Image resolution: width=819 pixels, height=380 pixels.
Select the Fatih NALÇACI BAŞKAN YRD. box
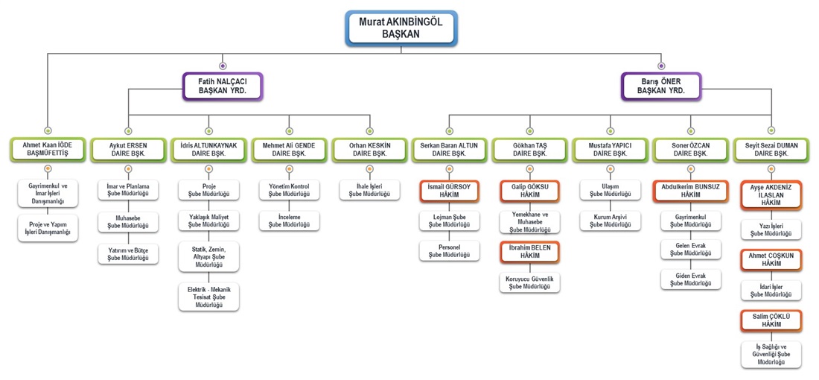click(x=223, y=86)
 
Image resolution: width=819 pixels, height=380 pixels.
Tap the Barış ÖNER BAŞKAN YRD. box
click(x=661, y=86)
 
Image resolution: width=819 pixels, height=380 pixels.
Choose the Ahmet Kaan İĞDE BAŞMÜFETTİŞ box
click(x=48, y=150)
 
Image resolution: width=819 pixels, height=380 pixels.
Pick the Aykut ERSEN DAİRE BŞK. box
click(x=128, y=150)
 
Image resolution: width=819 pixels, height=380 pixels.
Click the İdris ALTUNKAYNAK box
click(x=208, y=150)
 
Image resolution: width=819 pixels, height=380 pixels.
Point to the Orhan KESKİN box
click(x=370, y=150)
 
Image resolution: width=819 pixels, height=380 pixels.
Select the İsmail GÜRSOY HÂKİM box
click(x=449, y=191)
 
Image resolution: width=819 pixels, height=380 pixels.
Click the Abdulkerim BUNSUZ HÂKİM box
click(x=691, y=191)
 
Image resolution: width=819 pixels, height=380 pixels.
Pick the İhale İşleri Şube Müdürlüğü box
click(x=370, y=190)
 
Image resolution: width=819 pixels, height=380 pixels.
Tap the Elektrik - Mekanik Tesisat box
click(x=208, y=297)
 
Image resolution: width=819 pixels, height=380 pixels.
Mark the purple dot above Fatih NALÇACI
click(x=223, y=66)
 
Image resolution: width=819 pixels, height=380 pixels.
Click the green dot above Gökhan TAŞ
click(x=529, y=130)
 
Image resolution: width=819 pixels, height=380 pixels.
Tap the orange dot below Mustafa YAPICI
click(x=610, y=169)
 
